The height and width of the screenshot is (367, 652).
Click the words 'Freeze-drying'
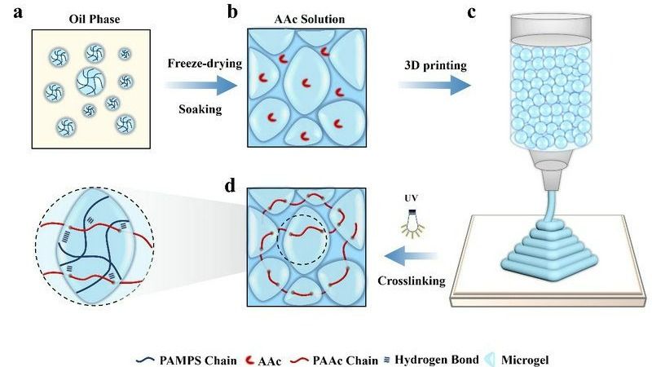tap(195, 63)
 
